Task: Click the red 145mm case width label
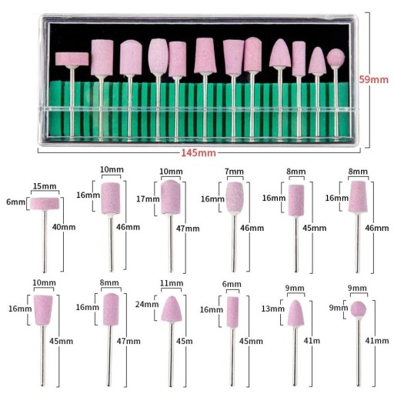pyautogui.click(x=199, y=153)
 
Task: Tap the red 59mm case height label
pyautogui.click(x=373, y=79)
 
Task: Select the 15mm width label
pyautogui.click(x=45, y=186)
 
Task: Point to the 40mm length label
pyautogui.click(x=64, y=227)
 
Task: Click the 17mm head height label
pyautogui.click(x=148, y=199)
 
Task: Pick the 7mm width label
pyautogui.click(x=234, y=172)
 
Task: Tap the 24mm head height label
pyautogui.click(x=147, y=304)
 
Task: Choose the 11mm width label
pyautogui.click(x=172, y=283)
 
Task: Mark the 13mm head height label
pyautogui.click(x=273, y=309)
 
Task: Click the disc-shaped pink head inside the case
pyautogui.click(x=72, y=58)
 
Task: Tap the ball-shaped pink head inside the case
pyautogui.click(x=336, y=58)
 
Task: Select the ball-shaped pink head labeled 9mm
pyautogui.click(x=359, y=309)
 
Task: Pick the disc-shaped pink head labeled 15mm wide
pyautogui.click(x=45, y=204)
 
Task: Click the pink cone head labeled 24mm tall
pyautogui.click(x=172, y=309)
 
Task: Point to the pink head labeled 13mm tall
pyautogui.click(x=295, y=313)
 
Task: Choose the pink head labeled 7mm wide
pyautogui.click(x=235, y=197)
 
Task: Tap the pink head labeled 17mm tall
pyautogui.click(x=171, y=197)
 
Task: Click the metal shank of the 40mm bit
pyautogui.click(x=45, y=241)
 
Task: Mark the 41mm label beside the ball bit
pyautogui.click(x=377, y=341)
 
